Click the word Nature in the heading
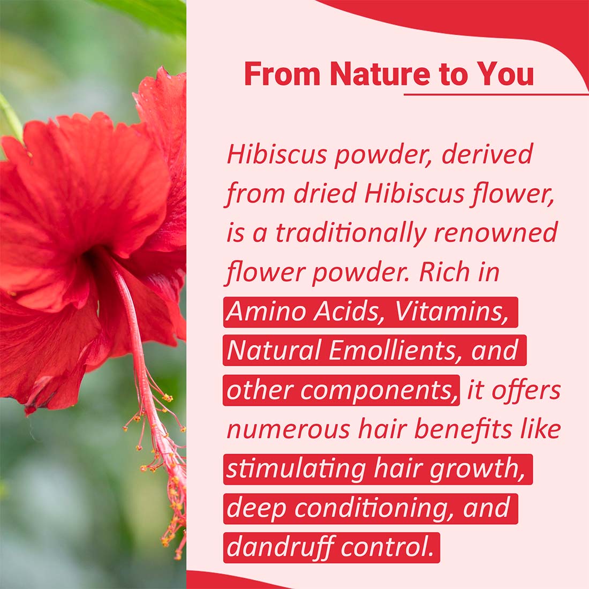[x=380, y=74]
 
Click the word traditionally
[x=351, y=233]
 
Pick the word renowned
[x=495, y=232]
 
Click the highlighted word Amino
[x=266, y=312]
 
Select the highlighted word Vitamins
[x=452, y=312]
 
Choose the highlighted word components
[x=379, y=391]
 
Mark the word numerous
[x=289, y=430]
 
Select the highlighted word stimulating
[x=296, y=470]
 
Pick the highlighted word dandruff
[x=281, y=547]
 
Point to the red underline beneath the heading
[x=496, y=94]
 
